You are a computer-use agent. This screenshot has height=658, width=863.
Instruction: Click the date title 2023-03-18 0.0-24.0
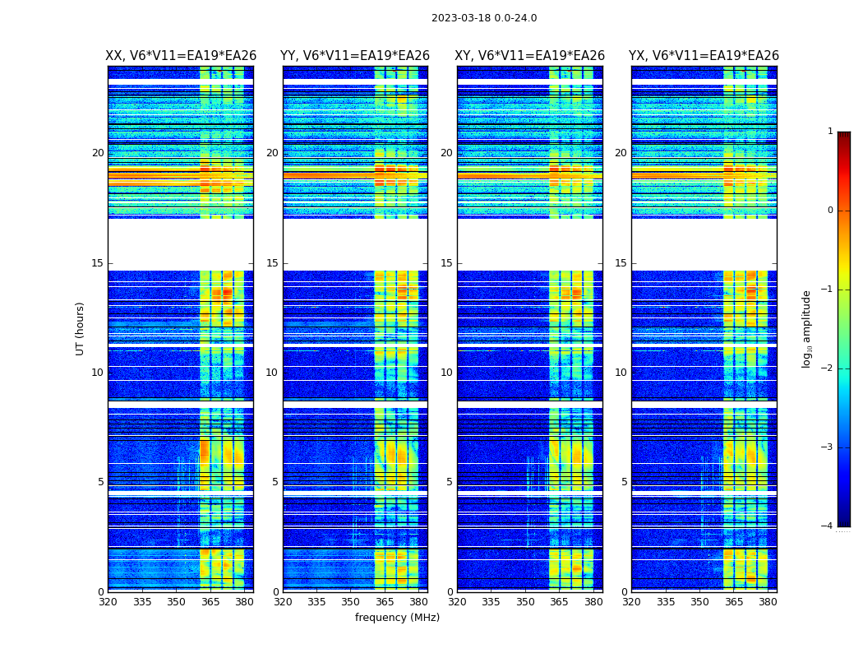[x=484, y=18]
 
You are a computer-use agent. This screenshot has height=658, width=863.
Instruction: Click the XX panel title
[x=181, y=56]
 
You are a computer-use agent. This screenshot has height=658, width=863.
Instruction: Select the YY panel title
[x=355, y=56]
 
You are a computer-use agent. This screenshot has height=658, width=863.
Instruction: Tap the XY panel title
[x=530, y=56]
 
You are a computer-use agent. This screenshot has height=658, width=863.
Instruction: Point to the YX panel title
[x=704, y=56]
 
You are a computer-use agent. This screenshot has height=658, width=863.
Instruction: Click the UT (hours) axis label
[x=81, y=328]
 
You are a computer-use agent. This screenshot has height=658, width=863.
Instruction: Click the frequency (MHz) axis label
[x=397, y=618]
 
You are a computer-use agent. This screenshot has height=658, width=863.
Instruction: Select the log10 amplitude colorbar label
[x=807, y=328]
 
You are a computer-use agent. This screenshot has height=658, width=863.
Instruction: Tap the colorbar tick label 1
[x=829, y=132]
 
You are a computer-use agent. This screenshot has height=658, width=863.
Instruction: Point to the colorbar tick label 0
[x=829, y=211]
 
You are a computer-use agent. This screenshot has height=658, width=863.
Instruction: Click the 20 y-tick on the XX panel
[x=98, y=153]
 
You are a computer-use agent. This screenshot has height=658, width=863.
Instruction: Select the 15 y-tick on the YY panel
[x=272, y=263]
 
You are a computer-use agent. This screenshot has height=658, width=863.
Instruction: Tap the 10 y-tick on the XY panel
[x=446, y=373]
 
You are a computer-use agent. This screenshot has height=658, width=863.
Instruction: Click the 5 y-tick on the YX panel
[x=624, y=482]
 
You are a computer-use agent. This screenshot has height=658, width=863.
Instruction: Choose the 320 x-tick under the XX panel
[x=108, y=602]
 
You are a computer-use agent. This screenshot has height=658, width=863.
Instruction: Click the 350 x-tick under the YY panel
[x=351, y=602]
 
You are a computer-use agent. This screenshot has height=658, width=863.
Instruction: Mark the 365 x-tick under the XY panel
[x=560, y=602]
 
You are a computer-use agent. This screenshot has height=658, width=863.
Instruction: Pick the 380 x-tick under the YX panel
[x=768, y=602]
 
